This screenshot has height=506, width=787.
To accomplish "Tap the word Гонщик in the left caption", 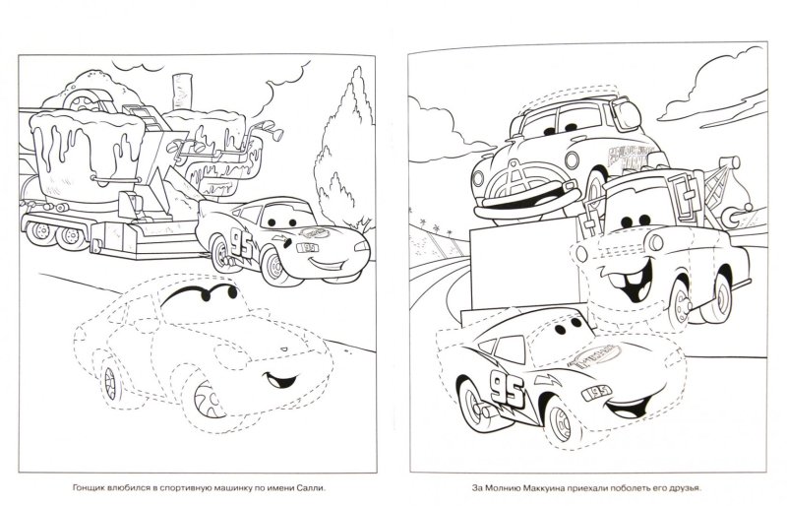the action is coord(87,487).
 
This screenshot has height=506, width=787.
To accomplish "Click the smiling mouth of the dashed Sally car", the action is coord(279,379).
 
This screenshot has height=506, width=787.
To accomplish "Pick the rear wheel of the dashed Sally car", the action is coord(109,382).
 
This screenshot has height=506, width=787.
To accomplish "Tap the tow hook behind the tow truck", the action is coord(734,214).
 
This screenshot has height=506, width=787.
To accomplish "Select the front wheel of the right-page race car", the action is coord(563,423).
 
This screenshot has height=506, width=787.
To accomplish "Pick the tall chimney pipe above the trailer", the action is coord(181,93).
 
